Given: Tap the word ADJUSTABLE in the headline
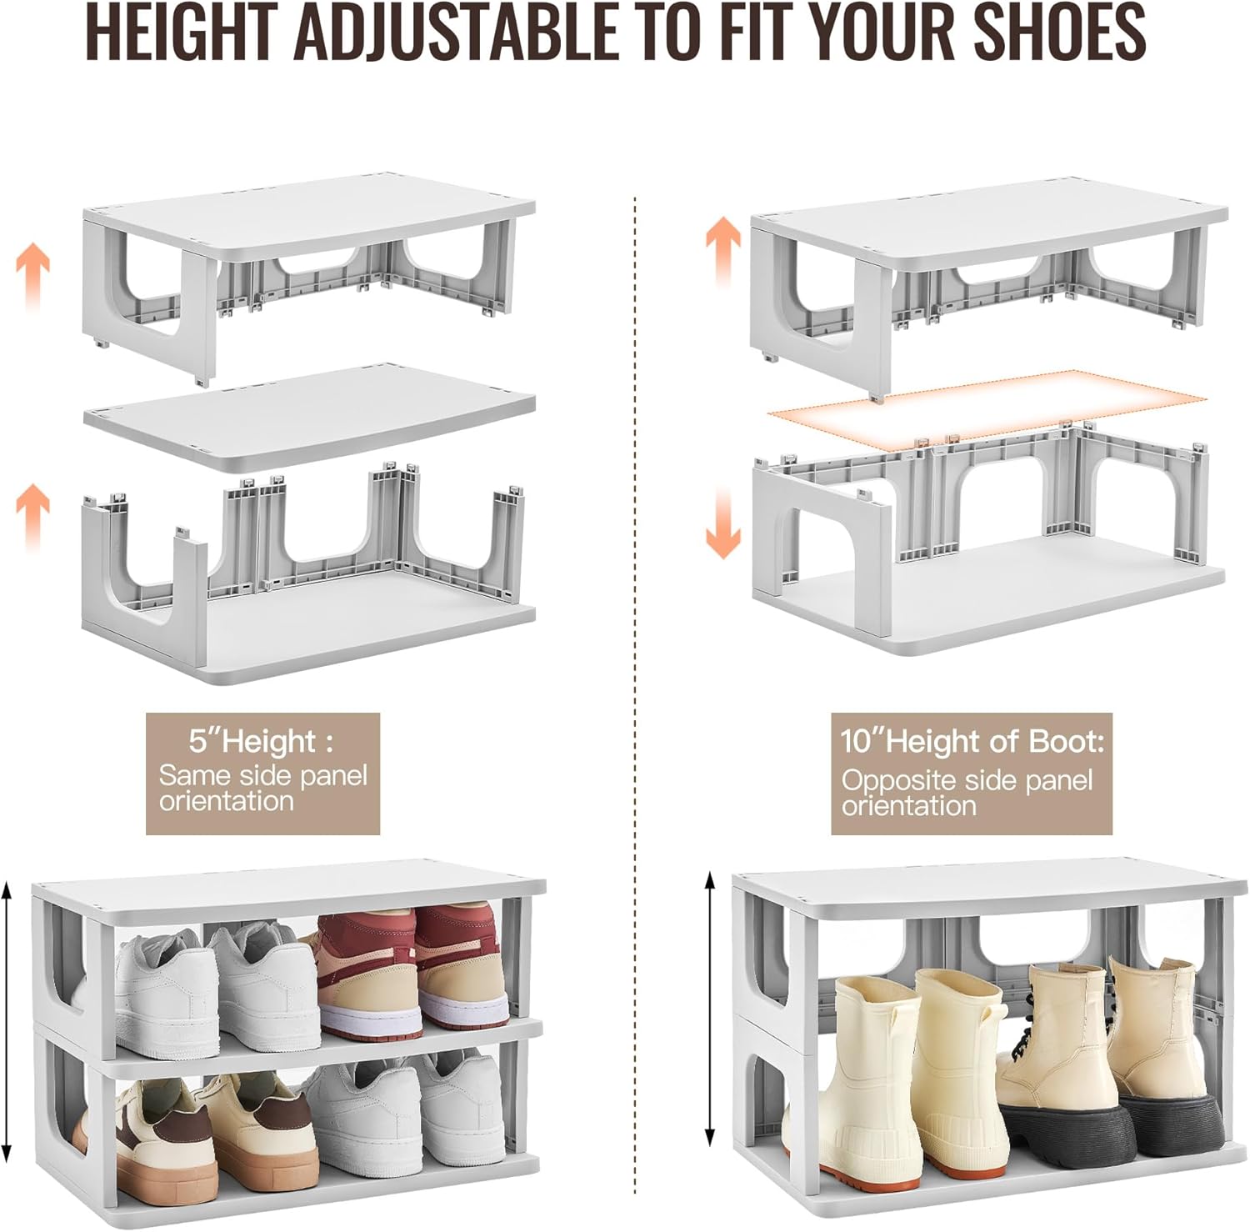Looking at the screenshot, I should pyautogui.click(x=455, y=32).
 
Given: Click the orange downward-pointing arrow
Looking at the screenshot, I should pyautogui.click(x=722, y=523).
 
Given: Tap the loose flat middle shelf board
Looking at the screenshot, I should pyautogui.click(x=308, y=417).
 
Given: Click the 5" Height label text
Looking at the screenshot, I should pyautogui.click(x=261, y=740).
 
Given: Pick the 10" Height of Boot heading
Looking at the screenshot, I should pyautogui.click(x=972, y=740).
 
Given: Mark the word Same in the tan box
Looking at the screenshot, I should pyautogui.click(x=195, y=775).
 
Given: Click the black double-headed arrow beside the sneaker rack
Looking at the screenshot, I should pyautogui.click(x=7, y=1021).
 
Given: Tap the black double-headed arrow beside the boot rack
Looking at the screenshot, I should pyautogui.click(x=710, y=1009).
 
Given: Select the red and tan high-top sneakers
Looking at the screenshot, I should pyautogui.click(x=412, y=971).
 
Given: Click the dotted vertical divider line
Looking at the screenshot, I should pyautogui.click(x=635, y=583).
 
